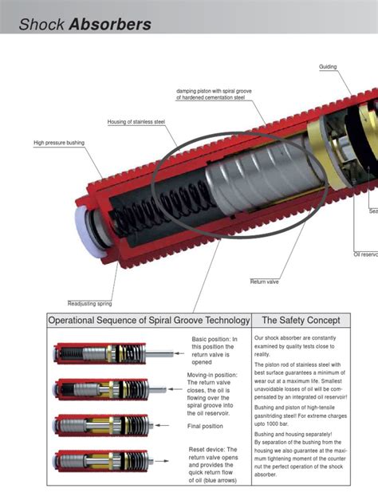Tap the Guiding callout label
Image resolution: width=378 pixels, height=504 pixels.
click(328, 67)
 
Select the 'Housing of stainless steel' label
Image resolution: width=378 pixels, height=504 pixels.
click(136, 122)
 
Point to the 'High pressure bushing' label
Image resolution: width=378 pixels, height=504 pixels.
click(58, 143)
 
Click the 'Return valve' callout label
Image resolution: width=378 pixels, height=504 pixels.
click(264, 282)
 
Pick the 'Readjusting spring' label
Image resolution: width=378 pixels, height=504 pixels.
click(89, 304)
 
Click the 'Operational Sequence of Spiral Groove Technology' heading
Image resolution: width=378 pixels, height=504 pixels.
click(149, 321)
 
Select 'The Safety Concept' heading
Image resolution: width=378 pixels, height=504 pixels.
click(301, 321)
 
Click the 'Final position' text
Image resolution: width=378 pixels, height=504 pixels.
click(205, 426)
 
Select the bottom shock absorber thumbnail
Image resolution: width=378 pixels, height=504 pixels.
click(97, 461)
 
